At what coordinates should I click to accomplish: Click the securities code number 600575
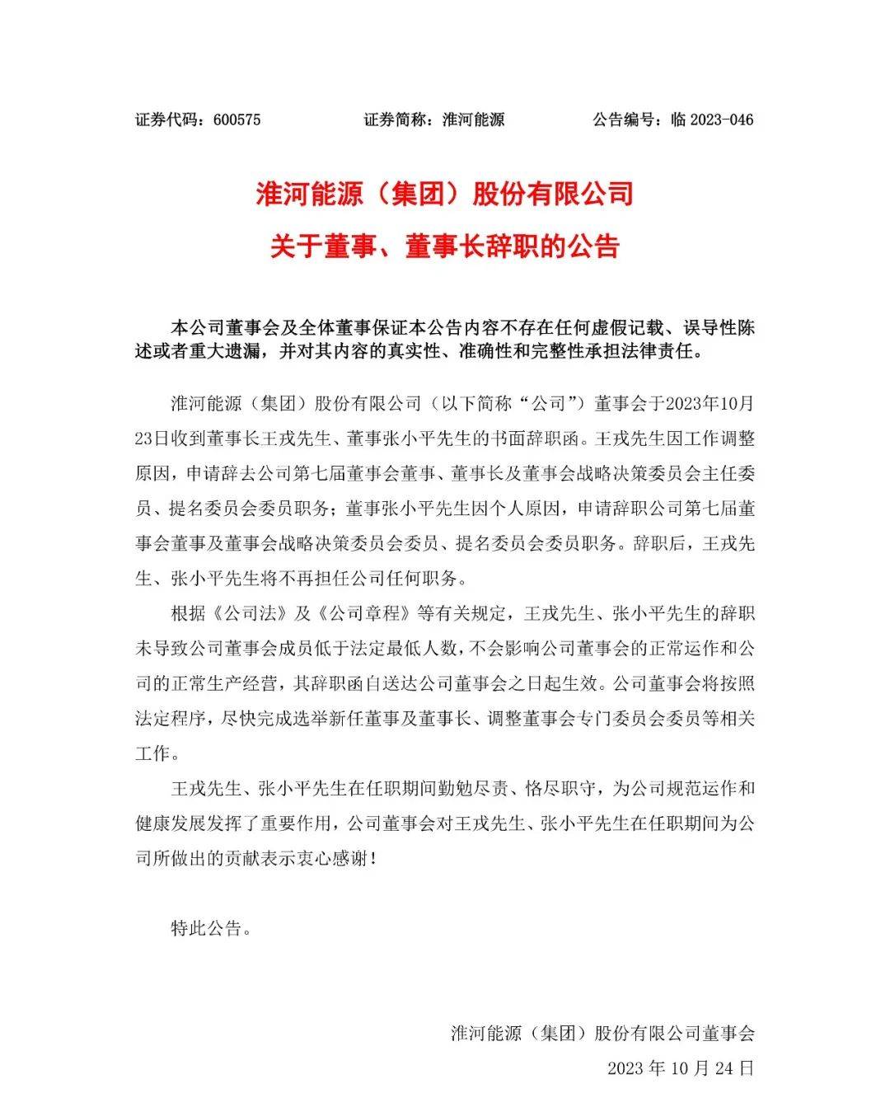pyautogui.click(x=237, y=120)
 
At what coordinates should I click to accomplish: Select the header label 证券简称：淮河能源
pyautogui.click(x=433, y=120)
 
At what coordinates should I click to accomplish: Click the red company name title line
pyautogui.click(x=444, y=194)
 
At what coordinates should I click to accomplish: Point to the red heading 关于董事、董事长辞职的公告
pyautogui.click(x=444, y=246)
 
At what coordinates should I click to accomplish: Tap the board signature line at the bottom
pyautogui.click(x=602, y=1033)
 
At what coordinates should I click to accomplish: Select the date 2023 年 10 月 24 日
pyautogui.click(x=680, y=1068)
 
